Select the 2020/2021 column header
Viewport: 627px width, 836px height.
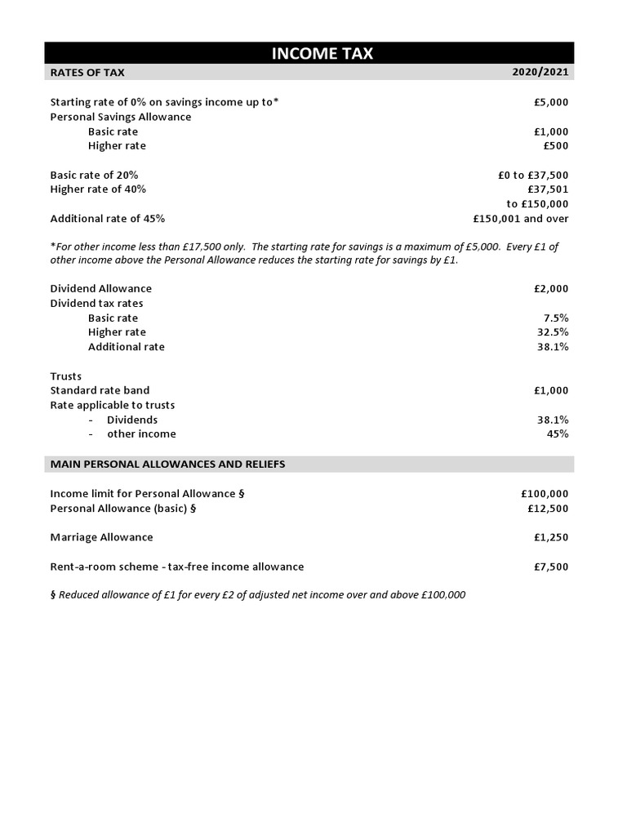pyautogui.click(x=540, y=73)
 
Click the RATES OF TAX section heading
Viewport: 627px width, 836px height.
pyautogui.click(x=87, y=73)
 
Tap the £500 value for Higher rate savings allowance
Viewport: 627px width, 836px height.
pyautogui.click(x=556, y=146)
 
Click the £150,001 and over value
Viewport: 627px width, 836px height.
pyautogui.click(x=520, y=219)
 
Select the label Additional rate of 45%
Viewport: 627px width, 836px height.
pyautogui.click(x=108, y=219)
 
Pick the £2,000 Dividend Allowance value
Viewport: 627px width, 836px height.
pyautogui.click(x=551, y=289)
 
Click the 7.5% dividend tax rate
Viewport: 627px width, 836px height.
pyautogui.click(x=555, y=318)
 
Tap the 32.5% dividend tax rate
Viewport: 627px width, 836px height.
pyautogui.click(x=553, y=332)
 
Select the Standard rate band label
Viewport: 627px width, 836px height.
pyautogui.click(x=100, y=390)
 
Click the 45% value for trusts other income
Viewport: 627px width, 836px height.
pyautogui.click(x=557, y=434)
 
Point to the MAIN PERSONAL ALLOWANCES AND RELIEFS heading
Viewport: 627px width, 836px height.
pyautogui.click(x=167, y=464)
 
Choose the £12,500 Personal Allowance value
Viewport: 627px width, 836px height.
pyautogui.click(x=548, y=509)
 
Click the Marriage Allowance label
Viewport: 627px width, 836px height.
pyautogui.click(x=101, y=537)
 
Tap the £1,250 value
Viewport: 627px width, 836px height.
pyautogui.click(x=551, y=537)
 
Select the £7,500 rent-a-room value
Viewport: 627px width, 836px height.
pyautogui.click(x=551, y=567)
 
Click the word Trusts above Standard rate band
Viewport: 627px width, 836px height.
pyautogui.click(x=66, y=376)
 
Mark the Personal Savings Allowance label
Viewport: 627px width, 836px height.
pyautogui.click(x=121, y=117)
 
